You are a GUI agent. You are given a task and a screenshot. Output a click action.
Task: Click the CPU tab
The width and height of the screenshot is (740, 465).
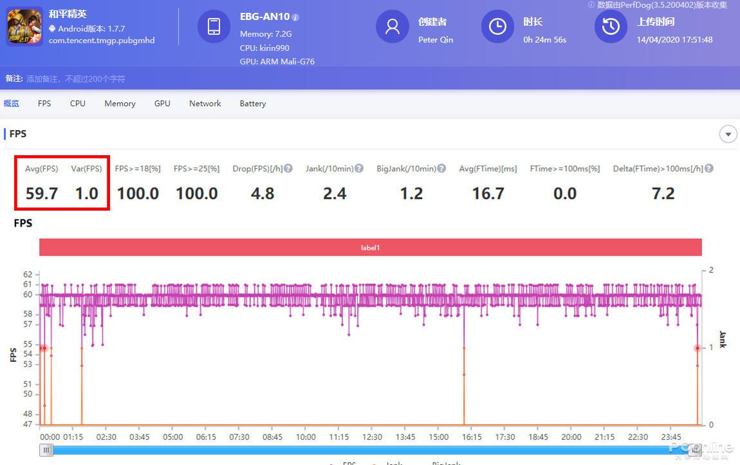77,103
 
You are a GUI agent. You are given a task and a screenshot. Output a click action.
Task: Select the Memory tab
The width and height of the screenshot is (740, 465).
120,103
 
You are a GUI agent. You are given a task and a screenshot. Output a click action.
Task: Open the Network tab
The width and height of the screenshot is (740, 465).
205,103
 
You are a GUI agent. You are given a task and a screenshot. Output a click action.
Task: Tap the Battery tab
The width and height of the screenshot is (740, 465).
252,103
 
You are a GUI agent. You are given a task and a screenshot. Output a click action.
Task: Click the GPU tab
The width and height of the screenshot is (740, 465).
162,103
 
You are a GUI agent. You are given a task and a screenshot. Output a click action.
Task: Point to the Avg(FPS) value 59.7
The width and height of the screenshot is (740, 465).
42,193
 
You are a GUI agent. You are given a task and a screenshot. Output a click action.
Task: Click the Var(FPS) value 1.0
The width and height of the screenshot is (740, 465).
87,193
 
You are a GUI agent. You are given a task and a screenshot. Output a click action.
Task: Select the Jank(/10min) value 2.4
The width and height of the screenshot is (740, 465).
335,193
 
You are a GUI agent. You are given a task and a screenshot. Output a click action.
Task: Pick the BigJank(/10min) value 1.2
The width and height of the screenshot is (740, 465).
411,193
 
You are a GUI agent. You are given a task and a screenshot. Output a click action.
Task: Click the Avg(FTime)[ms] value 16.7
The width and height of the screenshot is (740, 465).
488,193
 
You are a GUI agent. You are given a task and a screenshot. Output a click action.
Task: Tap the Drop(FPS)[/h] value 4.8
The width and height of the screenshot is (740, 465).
263,193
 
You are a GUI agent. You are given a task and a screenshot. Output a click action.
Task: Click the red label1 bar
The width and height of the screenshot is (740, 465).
370,247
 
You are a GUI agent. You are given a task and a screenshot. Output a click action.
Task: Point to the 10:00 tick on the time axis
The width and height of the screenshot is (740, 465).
306,437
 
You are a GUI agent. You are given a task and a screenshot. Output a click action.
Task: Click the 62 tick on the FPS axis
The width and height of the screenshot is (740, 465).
28,274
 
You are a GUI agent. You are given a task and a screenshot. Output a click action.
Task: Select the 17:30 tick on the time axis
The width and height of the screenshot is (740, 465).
504,437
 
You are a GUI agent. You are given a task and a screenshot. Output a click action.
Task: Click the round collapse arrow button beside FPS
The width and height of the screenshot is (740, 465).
728,134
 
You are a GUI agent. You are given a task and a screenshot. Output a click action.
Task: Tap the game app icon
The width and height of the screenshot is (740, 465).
24,26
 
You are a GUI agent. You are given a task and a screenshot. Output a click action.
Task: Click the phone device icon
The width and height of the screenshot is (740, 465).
214,26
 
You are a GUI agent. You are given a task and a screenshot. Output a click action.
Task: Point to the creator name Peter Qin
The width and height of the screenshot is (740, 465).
436,39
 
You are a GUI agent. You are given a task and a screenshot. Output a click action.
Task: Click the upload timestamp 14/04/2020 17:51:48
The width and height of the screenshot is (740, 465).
674,39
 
